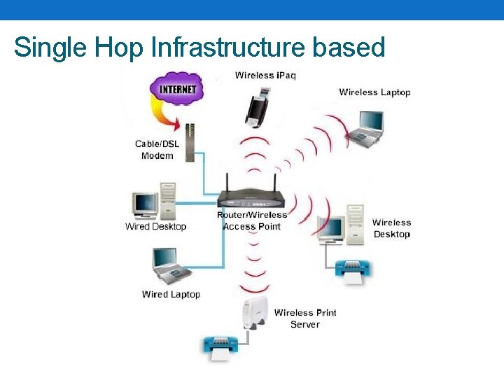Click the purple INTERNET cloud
[x=176, y=90]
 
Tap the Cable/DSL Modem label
[x=157, y=150]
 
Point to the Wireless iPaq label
[x=265, y=75]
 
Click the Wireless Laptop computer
[x=367, y=127]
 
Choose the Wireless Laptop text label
[x=374, y=92]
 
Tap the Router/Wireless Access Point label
[x=252, y=220]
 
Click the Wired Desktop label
[x=155, y=226]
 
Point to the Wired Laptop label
[x=171, y=295]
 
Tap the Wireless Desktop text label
[x=391, y=228]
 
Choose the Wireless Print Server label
[x=304, y=318]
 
